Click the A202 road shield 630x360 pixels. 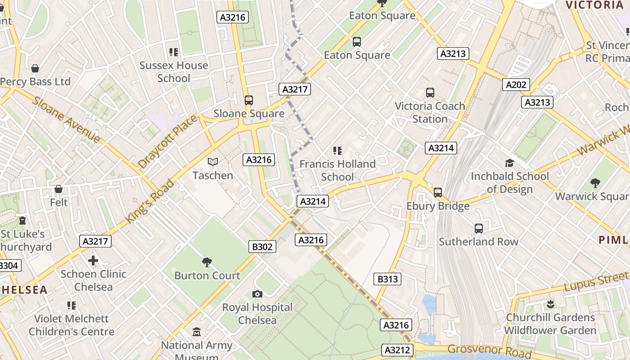tap(516, 85)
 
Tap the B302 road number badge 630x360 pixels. tap(262, 246)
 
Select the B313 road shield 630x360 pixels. tap(387, 279)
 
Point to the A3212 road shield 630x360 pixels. tap(397, 350)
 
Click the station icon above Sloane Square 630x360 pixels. tap(248, 100)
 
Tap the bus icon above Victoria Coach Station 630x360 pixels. tap(430, 93)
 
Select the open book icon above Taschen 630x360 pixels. tap(212, 162)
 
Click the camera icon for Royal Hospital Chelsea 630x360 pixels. tap(257, 294)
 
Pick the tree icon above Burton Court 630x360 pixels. tap(207, 262)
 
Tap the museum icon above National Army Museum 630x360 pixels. tap(197, 332)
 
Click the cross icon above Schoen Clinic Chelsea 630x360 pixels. tap(93, 261)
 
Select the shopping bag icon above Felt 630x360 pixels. tap(58, 189)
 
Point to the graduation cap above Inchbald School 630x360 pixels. tap(509, 163)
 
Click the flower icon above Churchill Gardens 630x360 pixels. tap(550, 304)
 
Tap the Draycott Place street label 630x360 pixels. tap(167, 141)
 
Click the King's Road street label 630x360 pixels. tap(149, 201)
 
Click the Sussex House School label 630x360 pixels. tap(174, 72)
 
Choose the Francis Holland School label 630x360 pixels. tap(337, 170)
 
